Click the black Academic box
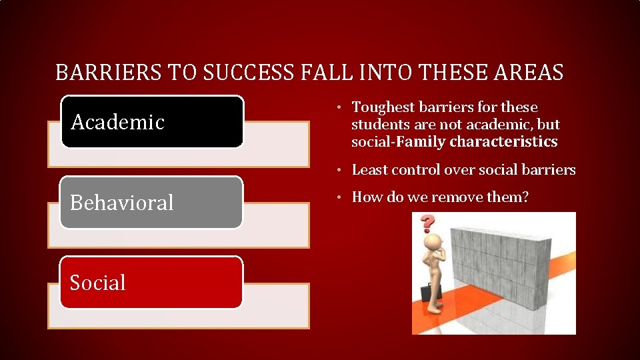152,121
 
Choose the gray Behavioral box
152,202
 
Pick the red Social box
152,282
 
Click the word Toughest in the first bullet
382,107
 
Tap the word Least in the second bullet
369,170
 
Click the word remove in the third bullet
459,197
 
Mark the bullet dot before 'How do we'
339,197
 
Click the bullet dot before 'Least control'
339,170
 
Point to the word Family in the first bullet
422,142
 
